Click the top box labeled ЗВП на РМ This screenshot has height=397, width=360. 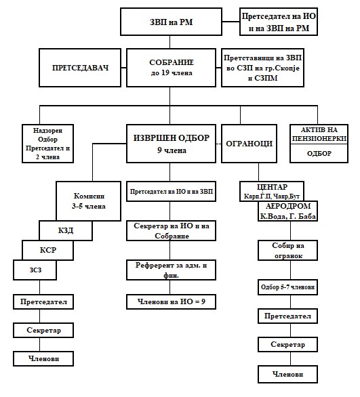(x=171, y=22)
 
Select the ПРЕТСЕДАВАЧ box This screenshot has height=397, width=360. (x=80, y=68)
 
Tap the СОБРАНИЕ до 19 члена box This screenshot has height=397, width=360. (x=171, y=68)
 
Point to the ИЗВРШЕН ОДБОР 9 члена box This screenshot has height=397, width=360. (x=171, y=144)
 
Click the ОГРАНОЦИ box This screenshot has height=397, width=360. (x=249, y=144)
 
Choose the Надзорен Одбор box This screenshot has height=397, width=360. (x=47, y=144)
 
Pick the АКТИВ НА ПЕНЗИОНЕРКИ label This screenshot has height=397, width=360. (x=319, y=134)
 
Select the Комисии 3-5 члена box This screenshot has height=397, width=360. (x=88, y=201)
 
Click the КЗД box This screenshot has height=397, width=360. (x=66, y=230)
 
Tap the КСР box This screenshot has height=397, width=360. (x=47, y=250)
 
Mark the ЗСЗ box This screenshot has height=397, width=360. (x=35, y=270)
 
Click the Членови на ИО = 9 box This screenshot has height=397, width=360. (x=171, y=301)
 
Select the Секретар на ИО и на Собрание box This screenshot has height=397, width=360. (x=171, y=230)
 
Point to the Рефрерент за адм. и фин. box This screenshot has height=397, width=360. (x=171, y=270)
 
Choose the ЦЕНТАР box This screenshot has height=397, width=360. (x=272, y=191)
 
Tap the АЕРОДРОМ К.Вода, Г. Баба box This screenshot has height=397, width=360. (x=287, y=211)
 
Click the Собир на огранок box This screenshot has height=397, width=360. (x=287, y=251)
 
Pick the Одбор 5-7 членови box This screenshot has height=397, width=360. (x=287, y=287)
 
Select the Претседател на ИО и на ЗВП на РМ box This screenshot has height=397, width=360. (x=279, y=22)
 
